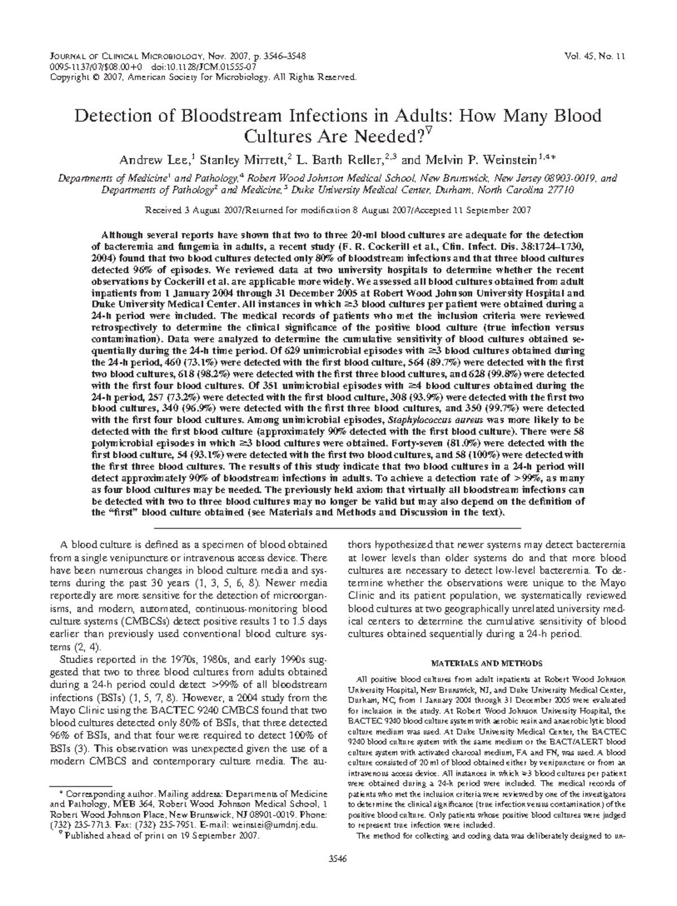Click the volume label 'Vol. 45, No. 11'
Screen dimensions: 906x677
[597, 56]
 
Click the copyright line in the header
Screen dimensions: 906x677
[203, 77]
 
